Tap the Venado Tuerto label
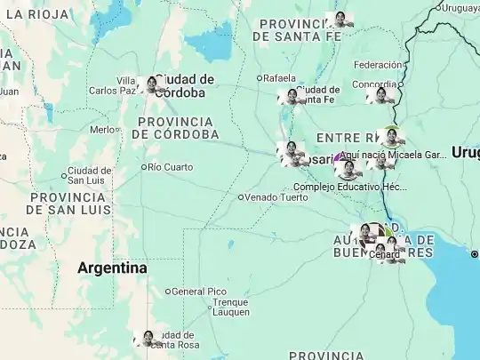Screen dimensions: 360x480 pos(276,196)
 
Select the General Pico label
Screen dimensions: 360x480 pos(200,291)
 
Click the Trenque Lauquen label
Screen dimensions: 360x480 pos(231,307)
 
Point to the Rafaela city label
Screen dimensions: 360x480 pos(281,78)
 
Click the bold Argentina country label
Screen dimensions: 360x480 pos(112,267)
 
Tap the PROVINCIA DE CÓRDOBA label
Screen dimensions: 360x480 pos(175,127)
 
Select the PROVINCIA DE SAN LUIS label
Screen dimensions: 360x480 pos(69,203)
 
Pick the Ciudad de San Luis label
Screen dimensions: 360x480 pos(89,175)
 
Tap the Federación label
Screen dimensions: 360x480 pos(378,65)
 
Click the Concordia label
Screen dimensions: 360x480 pos(373,84)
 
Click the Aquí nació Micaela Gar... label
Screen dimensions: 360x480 pos(399,154)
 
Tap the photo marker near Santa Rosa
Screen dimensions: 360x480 pos(148,339)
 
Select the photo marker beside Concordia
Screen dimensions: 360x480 pos(382,94)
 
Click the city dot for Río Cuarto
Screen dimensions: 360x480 pos(144,166)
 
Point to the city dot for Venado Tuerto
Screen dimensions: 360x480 pos(241,196)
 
